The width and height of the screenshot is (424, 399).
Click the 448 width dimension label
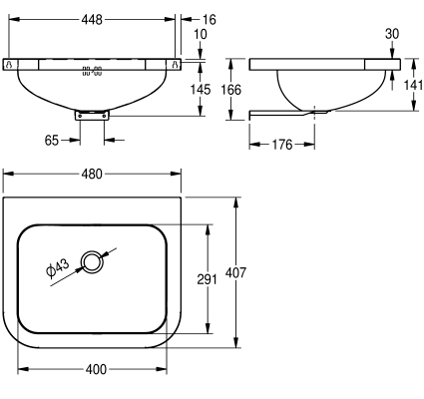pyautogui.click(x=92, y=20)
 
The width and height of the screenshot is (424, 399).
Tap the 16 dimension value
pyautogui.click(x=210, y=20)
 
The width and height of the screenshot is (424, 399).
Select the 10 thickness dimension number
pyautogui.click(x=201, y=34)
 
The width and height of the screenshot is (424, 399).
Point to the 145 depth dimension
pyautogui.click(x=201, y=90)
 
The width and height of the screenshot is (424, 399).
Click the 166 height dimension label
pyautogui.click(x=231, y=90)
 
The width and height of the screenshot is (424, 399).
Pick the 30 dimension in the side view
pyautogui.click(x=392, y=34)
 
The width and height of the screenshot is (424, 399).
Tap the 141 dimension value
pyautogui.click(x=413, y=85)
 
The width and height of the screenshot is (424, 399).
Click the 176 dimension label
pyautogui.click(x=282, y=145)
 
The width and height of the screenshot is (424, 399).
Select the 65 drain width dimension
pyautogui.click(x=52, y=141)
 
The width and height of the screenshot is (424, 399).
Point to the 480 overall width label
pyautogui.click(x=92, y=174)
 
